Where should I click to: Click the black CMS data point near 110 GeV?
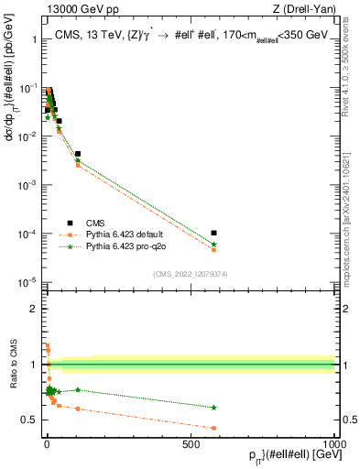(78, 154)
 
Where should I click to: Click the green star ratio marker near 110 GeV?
(78, 389)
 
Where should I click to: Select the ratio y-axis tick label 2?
(37, 309)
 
